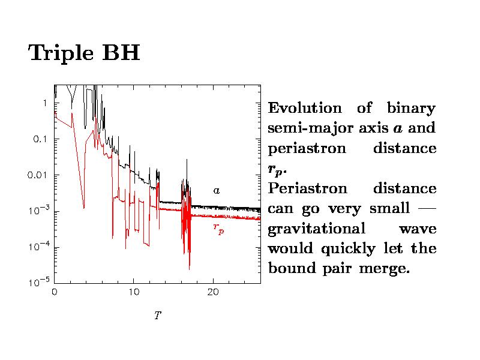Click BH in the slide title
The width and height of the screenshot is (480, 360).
pos(122,53)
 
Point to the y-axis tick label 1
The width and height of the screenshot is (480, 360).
pos(44,103)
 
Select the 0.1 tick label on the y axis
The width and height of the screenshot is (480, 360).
pos(40,139)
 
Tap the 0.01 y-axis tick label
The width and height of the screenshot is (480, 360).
pos(38,175)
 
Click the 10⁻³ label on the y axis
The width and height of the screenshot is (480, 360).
pos(38,211)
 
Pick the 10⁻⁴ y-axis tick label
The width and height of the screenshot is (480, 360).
pos(38,247)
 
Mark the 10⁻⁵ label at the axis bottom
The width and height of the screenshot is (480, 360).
pos(38,283)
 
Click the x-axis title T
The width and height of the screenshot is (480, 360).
pos(157,315)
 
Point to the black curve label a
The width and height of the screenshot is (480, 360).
pos(217,190)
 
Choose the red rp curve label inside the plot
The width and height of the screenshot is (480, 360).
pos(218,229)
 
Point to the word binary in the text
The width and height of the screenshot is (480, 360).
pos(411,109)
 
